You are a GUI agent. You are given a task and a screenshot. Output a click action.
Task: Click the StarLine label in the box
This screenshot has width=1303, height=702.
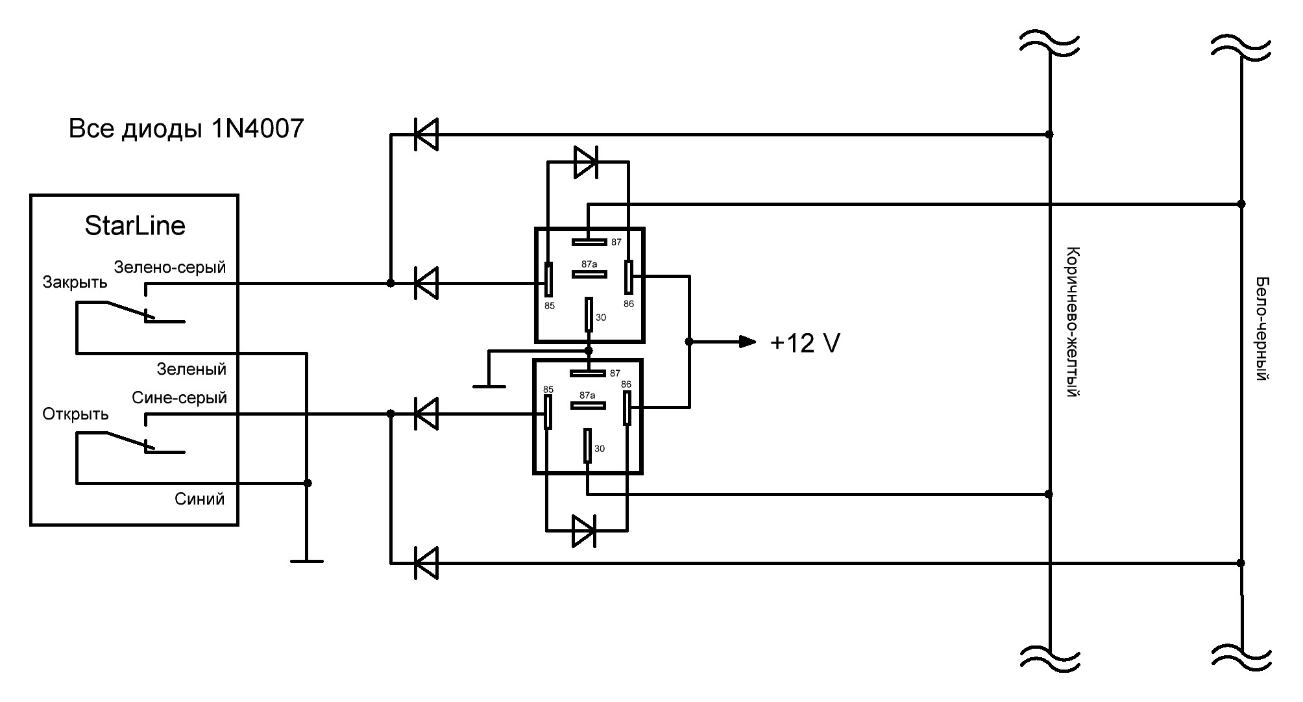[x=135, y=226]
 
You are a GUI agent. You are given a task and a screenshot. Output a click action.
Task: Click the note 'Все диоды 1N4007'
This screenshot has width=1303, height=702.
[x=186, y=129]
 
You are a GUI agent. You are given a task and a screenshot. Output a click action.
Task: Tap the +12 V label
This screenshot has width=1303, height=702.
[x=805, y=343]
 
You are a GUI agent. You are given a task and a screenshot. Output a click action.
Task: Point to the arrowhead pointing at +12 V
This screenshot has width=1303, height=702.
[x=748, y=342]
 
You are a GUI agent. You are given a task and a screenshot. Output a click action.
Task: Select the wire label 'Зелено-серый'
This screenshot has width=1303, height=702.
[x=170, y=267]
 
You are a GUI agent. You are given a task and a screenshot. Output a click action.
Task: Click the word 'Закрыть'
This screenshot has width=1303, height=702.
[x=75, y=282]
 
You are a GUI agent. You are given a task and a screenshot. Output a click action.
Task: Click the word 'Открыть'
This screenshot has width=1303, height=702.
[x=75, y=414]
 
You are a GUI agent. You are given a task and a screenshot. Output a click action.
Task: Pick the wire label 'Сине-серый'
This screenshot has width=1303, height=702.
[x=180, y=397]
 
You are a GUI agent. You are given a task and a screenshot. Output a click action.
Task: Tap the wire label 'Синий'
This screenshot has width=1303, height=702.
[x=200, y=499]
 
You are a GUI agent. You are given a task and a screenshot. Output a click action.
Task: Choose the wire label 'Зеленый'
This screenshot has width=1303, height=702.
[x=191, y=369]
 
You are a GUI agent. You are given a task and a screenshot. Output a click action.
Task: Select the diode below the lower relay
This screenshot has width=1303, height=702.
[x=584, y=531]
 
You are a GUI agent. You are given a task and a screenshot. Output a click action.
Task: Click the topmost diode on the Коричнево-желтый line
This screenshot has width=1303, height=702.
[x=426, y=134]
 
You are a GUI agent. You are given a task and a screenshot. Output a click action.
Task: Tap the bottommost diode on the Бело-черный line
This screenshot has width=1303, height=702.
[x=426, y=563]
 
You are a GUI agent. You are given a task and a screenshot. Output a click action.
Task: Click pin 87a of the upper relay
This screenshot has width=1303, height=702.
[x=589, y=273]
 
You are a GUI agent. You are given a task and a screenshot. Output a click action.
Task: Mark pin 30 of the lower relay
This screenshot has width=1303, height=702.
[x=587, y=445]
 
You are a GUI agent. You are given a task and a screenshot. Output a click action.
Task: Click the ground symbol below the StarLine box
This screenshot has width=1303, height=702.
[x=307, y=560]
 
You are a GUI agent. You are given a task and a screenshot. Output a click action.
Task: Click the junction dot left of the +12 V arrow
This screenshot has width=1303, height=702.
[x=689, y=342]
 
